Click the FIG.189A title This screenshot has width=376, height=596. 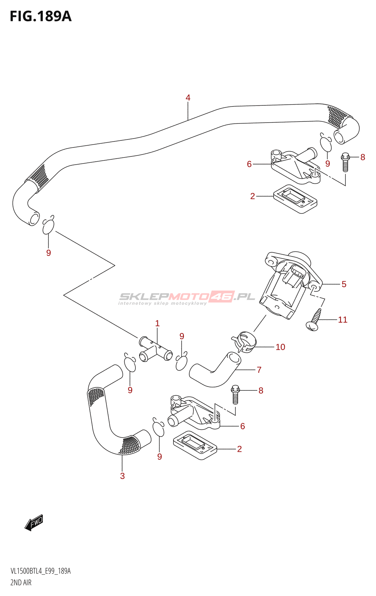41,16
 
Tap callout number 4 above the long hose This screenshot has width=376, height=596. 188,98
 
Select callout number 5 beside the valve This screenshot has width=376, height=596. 344,284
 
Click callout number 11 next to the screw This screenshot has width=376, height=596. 343,320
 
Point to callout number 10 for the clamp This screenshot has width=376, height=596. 281,347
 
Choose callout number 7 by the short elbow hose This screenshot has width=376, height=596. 259,370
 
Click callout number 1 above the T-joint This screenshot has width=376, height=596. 157,323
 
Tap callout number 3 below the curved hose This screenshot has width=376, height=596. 122,476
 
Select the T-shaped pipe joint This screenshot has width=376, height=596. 156,349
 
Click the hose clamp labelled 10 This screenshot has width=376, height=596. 244,342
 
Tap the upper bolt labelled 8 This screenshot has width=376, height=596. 345,162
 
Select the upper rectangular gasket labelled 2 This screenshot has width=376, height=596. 295,199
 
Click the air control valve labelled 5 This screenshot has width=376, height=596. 291,285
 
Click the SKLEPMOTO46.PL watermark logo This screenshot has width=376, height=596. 187,298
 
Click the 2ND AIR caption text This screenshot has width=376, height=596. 21,583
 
